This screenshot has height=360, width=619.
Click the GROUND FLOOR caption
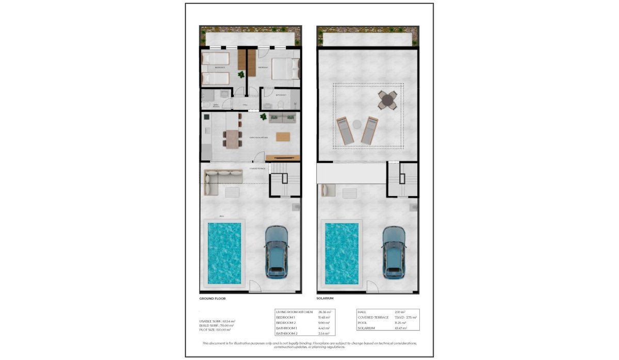point(213,299)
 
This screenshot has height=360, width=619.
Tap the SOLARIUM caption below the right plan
point(325,299)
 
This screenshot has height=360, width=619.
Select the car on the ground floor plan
point(276,252)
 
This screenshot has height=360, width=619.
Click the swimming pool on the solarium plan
point(341,253)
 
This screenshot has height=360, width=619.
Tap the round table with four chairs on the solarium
point(388,100)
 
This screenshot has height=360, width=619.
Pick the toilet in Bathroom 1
point(280,104)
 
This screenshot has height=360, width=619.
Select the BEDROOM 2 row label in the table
point(289,323)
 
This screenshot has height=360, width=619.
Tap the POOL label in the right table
point(363,323)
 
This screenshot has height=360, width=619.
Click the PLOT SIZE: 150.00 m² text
point(216,329)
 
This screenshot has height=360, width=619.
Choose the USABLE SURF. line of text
point(217,321)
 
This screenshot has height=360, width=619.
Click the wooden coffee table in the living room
point(283,137)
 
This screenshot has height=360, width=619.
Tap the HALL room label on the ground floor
point(245,105)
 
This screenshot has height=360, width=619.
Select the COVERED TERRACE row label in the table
point(373,317)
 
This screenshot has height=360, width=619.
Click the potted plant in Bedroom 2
point(241,75)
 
